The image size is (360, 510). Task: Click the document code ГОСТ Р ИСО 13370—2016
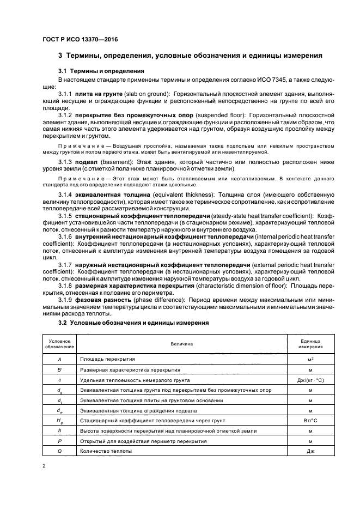pyautogui.click(x=80, y=39)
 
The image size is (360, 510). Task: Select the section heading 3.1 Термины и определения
pyautogui.click(x=101, y=71)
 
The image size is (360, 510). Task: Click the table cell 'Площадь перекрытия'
pyautogui.click(x=108, y=359)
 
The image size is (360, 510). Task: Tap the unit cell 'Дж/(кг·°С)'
pyautogui.click(x=310, y=379)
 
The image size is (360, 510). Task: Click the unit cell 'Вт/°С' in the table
pyautogui.click(x=310, y=420)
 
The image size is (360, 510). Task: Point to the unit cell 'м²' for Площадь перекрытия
pyautogui.click(x=310, y=359)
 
